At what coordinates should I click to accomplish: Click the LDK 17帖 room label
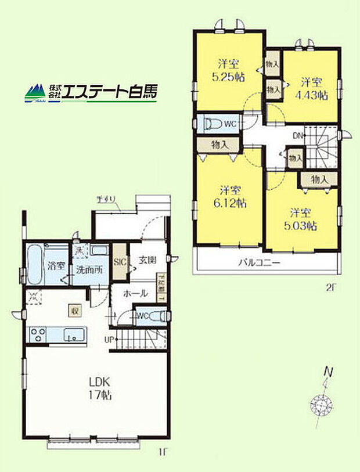(100, 388)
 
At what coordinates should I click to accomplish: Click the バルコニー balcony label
(260, 262)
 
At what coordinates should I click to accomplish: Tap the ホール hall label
(135, 294)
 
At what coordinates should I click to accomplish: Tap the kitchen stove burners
(38, 335)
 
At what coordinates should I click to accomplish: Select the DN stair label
(297, 137)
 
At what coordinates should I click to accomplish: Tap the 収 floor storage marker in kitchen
(74, 310)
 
